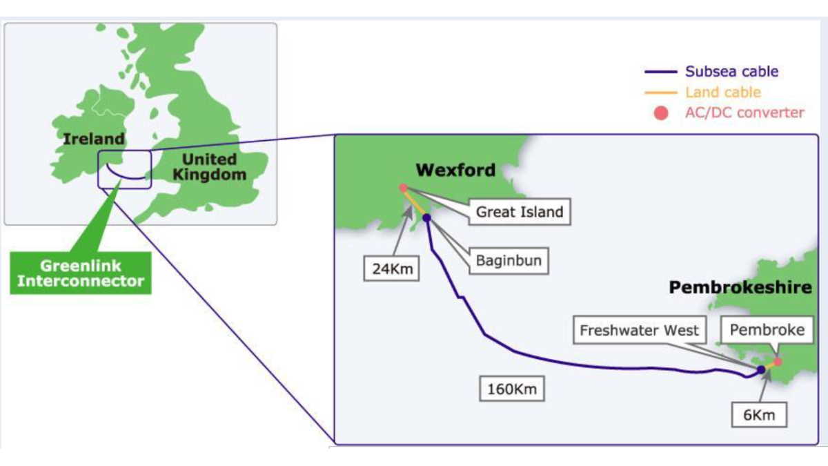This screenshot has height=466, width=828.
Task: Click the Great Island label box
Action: pyautogui.click(x=520, y=212)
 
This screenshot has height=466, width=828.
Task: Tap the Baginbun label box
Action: pyautogui.click(x=509, y=261)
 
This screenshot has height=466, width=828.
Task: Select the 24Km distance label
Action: pyautogui.click(x=391, y=268)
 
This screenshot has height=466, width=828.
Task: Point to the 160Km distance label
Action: pyautogui.click(x=511, y=389)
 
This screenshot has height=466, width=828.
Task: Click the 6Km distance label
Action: pyautogui.click(x=760, y=415)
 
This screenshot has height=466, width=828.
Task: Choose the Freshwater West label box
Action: pyautogui.click(x=639, y=331)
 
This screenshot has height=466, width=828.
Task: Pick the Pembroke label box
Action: pyautogui.click(x=767, y=331)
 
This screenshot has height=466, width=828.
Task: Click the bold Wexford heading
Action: pyautogui.click(x=455, y=170)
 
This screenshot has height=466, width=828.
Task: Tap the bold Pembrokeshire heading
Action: pyautogui.click(x=740, y=288)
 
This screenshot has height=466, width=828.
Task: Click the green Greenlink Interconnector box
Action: pyautogui.click(x=81, y=273)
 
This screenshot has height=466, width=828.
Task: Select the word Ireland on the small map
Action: pyautogui.click(x=94, y=138)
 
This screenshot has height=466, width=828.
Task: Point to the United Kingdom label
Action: pyautogui.click(x=209, y=167)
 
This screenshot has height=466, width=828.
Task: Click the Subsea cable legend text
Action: pyautogui.click(x=731, y=71)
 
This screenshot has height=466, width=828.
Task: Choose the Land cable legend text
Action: pyautogui.click(x=722, y=92)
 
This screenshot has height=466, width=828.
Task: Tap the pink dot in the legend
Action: pyautogui.click(x=661, y=113)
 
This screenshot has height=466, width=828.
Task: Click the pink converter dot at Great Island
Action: pyautogui.click(x=403, y=188)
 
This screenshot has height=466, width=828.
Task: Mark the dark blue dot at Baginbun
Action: pyautogui.click(x=426, y=218)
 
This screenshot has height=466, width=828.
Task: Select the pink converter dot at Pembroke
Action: pyautogui.click(x=778, y=361)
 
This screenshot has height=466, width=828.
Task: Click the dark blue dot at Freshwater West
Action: pyautogui.click(x=761, y=370)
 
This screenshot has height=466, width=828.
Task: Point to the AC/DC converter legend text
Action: pyautogui.click(x=745, y=113)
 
